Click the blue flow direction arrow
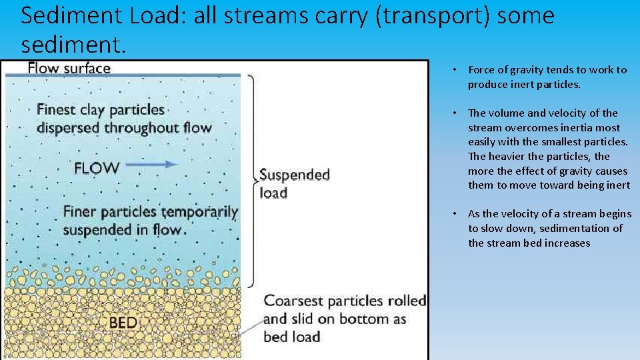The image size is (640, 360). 152,164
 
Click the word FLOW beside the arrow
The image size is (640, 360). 97,168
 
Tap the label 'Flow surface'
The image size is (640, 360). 69,68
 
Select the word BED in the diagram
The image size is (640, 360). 123,323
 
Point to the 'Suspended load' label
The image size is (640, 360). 294,184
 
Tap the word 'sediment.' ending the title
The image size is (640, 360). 73,45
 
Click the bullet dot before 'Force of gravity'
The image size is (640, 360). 453,70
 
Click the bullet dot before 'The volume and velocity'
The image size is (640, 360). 453,113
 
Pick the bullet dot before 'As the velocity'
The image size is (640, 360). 453,214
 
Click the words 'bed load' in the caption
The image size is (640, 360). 292,337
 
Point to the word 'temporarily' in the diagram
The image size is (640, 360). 198,212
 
